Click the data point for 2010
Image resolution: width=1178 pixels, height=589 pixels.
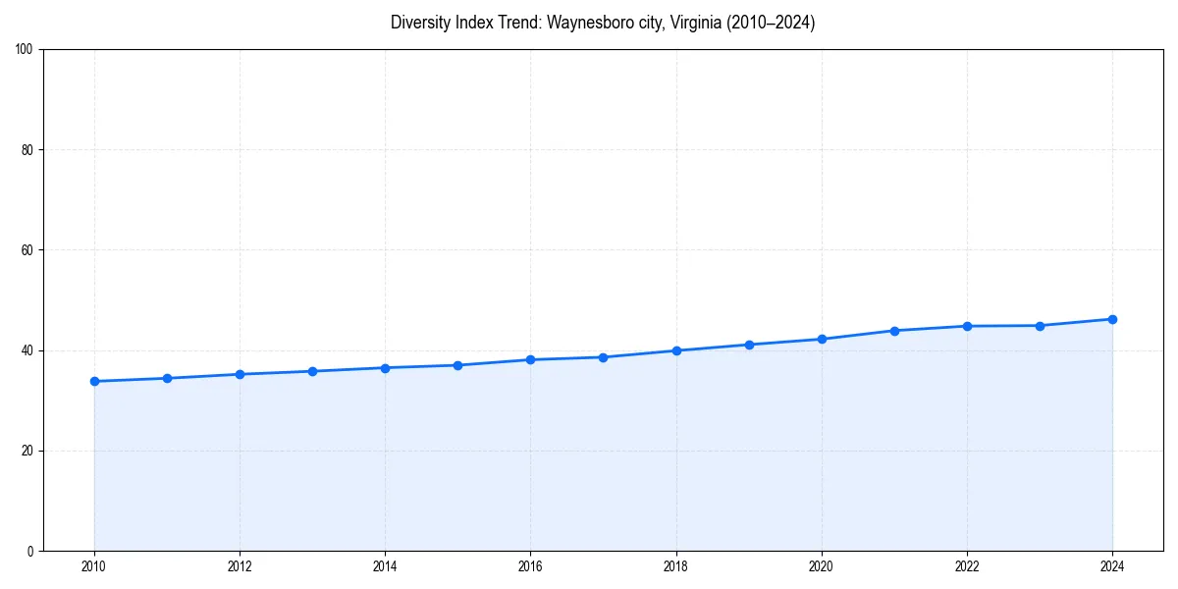94,381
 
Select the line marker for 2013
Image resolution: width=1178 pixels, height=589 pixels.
312,371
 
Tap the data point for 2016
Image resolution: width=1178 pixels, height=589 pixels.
530,359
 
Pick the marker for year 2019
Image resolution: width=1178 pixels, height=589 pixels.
749,345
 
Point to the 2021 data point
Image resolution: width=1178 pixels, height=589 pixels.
894,331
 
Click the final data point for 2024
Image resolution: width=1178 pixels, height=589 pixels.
1112,319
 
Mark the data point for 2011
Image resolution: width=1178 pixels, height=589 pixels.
167,378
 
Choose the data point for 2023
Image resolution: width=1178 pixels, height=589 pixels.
1040,326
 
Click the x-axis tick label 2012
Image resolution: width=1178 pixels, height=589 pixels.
240,566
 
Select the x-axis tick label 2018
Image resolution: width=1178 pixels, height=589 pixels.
675,566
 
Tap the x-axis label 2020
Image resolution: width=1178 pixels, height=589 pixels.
822,566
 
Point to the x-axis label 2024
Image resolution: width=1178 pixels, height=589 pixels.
1112,566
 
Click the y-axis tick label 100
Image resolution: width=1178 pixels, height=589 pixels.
25,50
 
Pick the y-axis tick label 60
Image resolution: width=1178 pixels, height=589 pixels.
27,250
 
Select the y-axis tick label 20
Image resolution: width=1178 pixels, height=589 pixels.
27,451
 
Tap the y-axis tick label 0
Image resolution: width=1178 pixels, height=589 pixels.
30,551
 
